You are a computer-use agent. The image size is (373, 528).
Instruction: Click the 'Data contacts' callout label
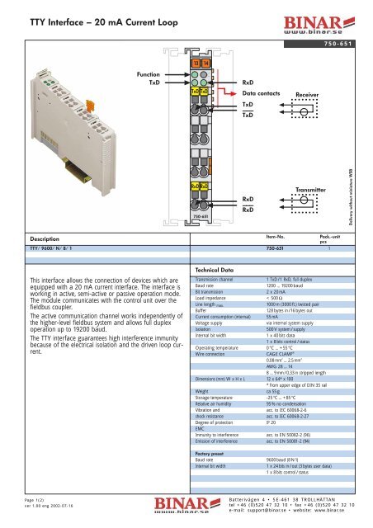(263, 95)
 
